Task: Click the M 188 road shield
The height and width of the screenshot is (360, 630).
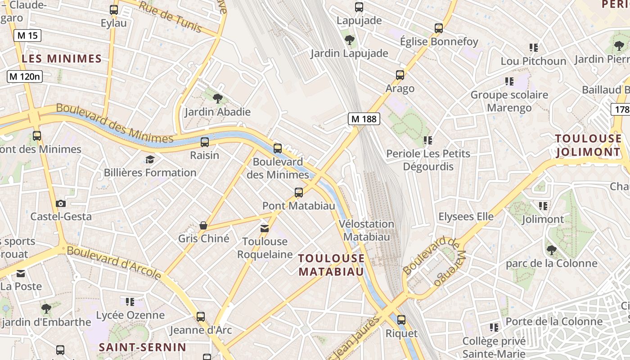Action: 364,119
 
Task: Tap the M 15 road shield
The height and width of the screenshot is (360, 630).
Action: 27,36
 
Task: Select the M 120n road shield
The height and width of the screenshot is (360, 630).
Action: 25,76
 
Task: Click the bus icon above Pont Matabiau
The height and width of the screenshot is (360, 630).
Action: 298,193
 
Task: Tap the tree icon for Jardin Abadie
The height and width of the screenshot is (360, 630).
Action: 217,98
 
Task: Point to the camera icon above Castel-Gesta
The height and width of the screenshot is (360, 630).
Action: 61,203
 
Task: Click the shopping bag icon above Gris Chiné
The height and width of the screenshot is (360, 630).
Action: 203,225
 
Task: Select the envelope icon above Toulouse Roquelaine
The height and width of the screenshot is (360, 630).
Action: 265,229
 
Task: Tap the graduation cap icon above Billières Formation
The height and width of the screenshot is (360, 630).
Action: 150,159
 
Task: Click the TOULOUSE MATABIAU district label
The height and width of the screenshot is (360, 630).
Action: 331,265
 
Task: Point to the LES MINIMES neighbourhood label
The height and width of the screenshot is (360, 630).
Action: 62,58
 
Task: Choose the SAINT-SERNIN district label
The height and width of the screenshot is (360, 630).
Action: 142,347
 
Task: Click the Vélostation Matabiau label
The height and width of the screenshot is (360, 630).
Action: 366,230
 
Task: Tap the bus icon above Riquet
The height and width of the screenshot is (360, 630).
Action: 401,320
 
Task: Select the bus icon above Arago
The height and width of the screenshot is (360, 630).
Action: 400,75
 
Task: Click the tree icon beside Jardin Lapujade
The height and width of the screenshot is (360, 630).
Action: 349,40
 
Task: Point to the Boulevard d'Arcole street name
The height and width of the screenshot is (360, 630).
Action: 114,262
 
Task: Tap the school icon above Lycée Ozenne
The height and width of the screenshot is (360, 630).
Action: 130,301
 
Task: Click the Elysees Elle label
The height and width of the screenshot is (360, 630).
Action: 466,216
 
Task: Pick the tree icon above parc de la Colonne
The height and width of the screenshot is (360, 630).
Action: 551,250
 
